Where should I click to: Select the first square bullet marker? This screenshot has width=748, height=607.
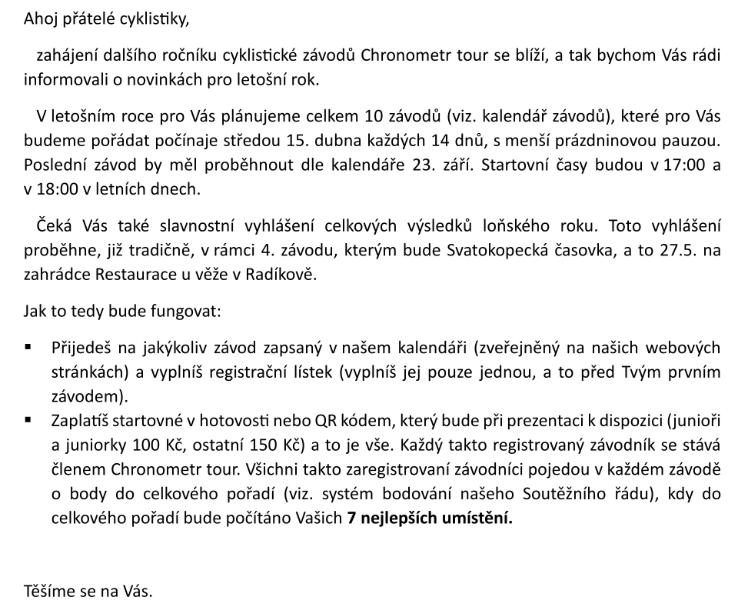tap(28, 347)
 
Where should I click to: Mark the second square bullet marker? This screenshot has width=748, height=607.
tap(28, 420)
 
